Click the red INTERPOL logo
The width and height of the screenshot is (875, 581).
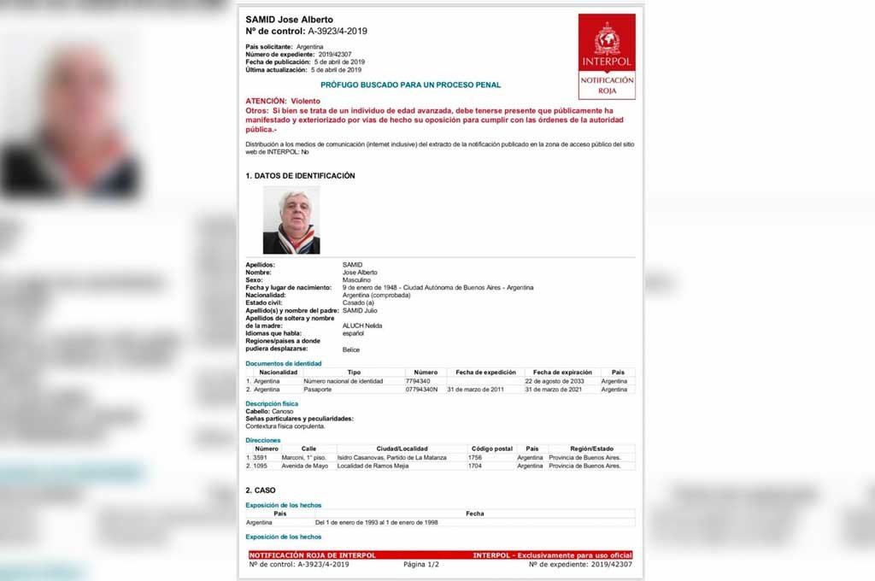607,56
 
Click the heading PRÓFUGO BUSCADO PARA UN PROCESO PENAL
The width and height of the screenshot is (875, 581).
410,85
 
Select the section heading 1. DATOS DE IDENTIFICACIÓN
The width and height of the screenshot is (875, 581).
300,176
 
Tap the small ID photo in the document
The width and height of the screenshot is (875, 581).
291,220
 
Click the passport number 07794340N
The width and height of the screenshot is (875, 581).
421,390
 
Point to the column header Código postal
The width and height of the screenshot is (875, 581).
491,449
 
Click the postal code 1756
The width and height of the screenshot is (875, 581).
475,457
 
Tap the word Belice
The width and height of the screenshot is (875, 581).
351,349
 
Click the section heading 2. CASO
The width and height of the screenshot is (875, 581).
261,490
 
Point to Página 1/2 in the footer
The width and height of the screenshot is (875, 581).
420,565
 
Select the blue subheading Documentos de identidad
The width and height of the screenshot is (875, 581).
283,364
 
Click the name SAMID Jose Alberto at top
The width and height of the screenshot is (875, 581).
289,20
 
